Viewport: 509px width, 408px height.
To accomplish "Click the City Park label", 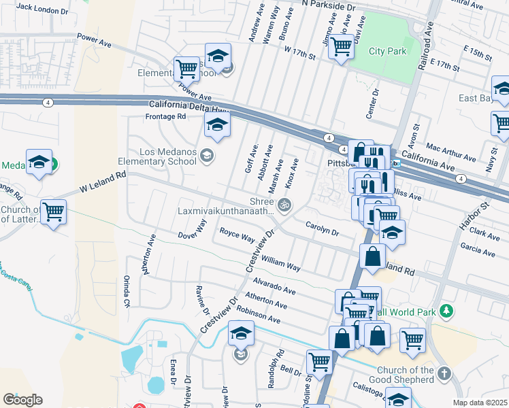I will pos(387,51).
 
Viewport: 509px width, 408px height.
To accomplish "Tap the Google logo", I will pos(22,400).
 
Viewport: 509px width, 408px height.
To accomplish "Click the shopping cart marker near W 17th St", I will pos(341,46).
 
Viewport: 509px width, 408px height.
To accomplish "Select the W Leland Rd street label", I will pos(103,180).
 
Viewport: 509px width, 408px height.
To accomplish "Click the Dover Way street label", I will pos(192,231).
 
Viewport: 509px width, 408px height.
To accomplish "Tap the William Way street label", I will pos(281,263).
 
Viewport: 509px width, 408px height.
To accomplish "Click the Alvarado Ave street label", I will pos(274,285).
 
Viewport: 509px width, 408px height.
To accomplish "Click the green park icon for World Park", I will pos(446,311).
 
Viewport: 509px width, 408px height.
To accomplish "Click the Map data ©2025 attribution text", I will pos(479,403).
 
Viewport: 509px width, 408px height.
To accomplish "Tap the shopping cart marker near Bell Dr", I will pos(319,360).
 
